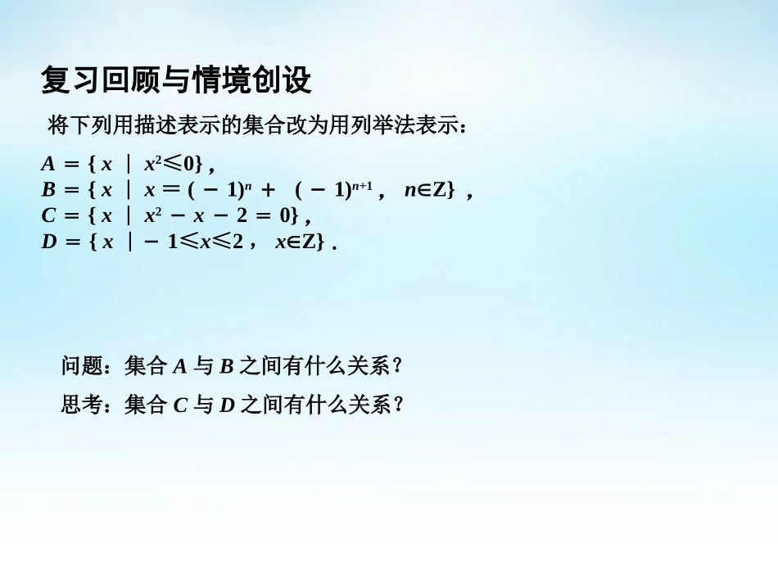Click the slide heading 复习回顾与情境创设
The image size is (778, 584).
click(176, 81)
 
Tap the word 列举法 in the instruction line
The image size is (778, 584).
click(385, 126)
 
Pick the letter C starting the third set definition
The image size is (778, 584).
click(48, 217)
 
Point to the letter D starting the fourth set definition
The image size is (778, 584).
click(48, 242)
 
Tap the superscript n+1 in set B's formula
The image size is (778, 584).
click(363, 185)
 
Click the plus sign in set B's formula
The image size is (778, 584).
click(268, 191)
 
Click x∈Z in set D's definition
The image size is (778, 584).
click(295, 242)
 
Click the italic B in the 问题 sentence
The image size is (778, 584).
click(227, 367)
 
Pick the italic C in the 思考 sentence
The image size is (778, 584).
click(181, 405)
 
